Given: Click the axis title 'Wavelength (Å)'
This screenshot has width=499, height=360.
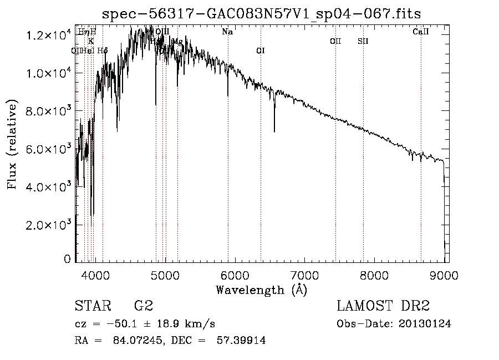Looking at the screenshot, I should (x=261, y=290).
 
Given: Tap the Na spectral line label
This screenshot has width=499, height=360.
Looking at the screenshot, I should (x=227, y=32).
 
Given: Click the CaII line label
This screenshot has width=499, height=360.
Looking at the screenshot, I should (x=421, y=32).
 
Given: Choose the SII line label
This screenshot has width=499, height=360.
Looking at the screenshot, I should (x=363, y=41).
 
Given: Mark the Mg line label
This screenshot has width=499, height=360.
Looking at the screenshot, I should (x=177, y=42).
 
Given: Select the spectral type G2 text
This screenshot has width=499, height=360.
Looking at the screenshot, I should (x=143, y=306).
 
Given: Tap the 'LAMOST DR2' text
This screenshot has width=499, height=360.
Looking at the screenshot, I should (x=383, y=306).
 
